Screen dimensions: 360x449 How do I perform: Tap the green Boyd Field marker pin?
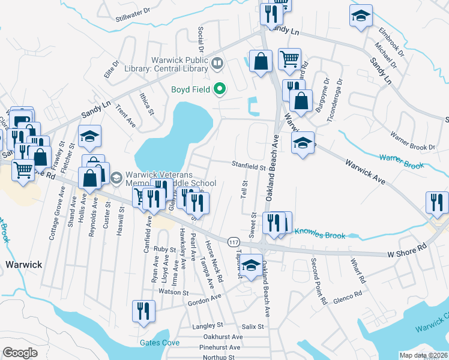[220, 90]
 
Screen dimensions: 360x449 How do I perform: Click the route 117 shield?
[232, 241]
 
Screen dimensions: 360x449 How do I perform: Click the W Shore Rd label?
[406, 246]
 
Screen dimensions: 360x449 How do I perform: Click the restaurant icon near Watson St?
[143, 311]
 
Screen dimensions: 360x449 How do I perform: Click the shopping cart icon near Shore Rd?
[23, 170]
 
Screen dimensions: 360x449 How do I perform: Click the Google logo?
[20, 353]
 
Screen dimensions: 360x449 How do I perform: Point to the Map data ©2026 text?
[423, 355]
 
